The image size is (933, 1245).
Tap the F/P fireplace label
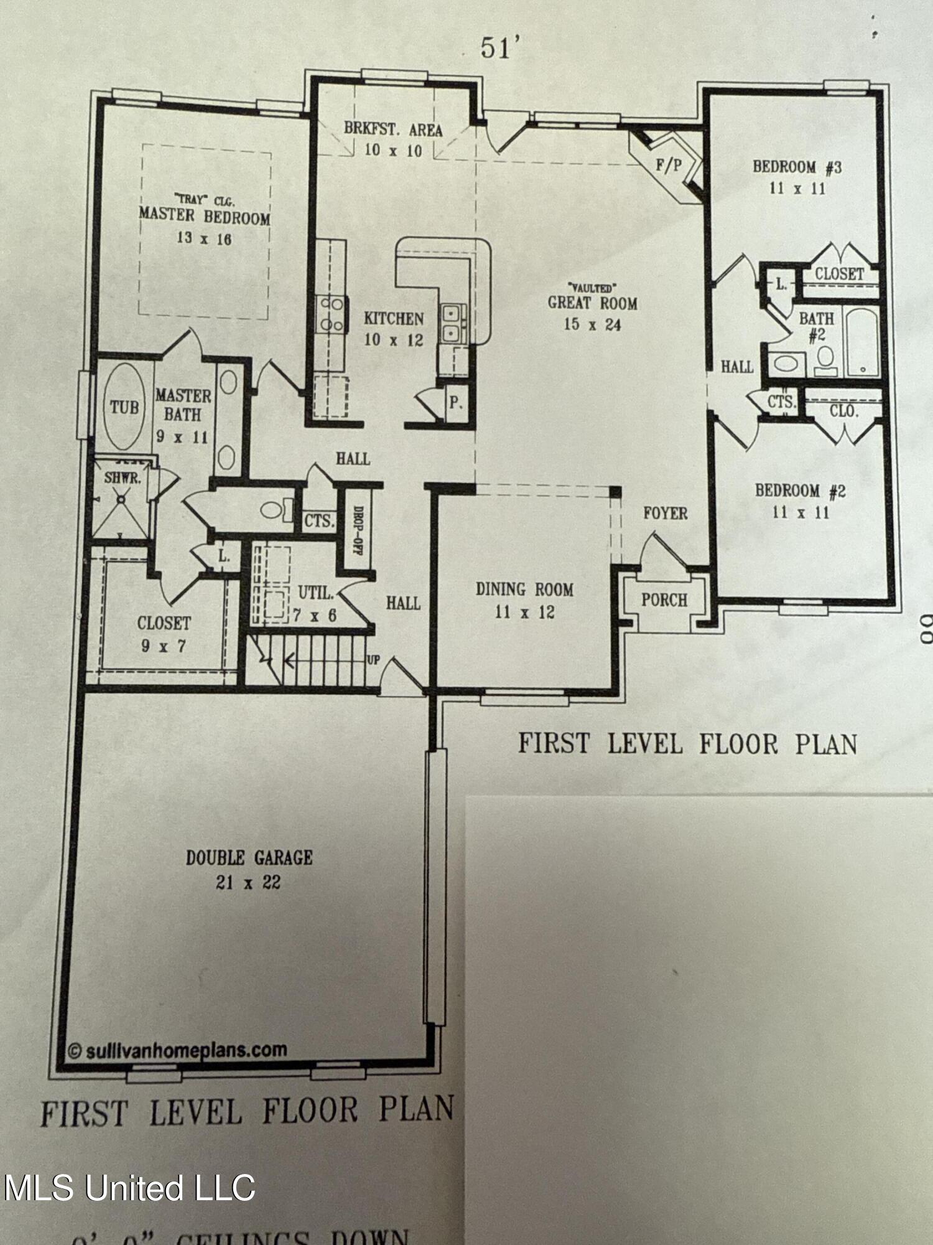(669, 166)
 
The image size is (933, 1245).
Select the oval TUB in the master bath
(124, 407)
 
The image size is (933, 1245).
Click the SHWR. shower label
(122, 478)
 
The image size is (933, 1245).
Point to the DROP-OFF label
(358, 529)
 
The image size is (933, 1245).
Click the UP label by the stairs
(373, 660)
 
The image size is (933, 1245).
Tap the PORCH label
(664, 600)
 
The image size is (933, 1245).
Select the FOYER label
(665, 513)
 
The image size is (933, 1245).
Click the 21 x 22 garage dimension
(248, 882)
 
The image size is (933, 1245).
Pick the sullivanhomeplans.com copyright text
(177, 1051)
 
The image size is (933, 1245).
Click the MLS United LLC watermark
(129, 1188)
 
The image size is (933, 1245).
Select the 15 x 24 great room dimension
(592, 324)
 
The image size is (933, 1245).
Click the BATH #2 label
(816, 326)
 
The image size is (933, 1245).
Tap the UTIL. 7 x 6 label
(315, 603)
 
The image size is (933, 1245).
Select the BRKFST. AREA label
(393, 129)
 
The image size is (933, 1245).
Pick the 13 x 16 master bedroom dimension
(204, 238)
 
